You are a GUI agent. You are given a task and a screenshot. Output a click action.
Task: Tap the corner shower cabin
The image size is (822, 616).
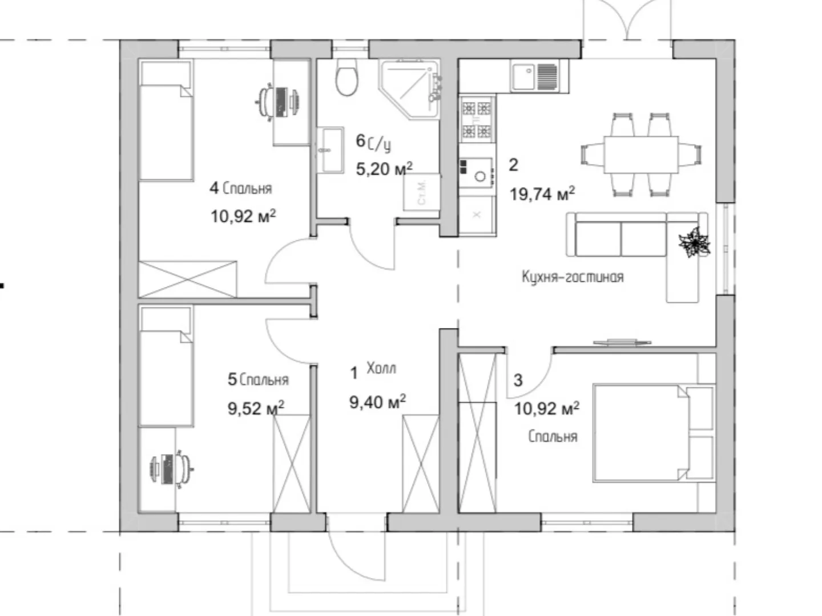click(x=410, y=90)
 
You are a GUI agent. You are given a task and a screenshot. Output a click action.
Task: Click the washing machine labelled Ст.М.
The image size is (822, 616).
click(x=422, y=192)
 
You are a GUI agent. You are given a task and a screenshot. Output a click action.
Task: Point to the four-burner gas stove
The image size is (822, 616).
click(x=477, y=119)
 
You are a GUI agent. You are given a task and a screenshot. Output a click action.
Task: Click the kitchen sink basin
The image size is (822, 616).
click(x=523, y=76)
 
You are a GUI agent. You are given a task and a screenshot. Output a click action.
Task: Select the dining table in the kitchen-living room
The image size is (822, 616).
click(x=640, y=155)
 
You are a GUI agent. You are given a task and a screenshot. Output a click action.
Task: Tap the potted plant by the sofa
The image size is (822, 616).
click(x=695, y=243)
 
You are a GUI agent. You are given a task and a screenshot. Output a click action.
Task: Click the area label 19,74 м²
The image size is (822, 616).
click(x=542, y=194)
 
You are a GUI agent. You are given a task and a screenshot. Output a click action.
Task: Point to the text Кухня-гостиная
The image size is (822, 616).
click(x=573, y=277)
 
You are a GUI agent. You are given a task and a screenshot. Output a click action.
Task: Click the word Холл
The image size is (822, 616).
click(x=381, y=368)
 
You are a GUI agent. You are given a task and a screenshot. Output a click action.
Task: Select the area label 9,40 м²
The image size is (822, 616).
click(x=377, y=402)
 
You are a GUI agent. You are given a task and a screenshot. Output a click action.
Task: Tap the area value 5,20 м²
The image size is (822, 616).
click(x=384, y=169)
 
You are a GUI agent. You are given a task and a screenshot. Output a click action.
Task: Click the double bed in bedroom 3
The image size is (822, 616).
click(x=654, y=433)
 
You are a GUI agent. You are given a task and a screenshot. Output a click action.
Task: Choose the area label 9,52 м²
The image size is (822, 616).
click(x=256, y=408)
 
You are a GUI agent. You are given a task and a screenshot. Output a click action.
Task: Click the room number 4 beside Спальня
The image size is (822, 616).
click(x=214, y=188)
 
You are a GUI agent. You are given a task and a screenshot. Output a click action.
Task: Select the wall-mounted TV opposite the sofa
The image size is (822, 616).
click(x=622, y=342)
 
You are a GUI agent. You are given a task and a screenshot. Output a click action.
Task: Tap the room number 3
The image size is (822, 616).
click(x=518, y=380)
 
